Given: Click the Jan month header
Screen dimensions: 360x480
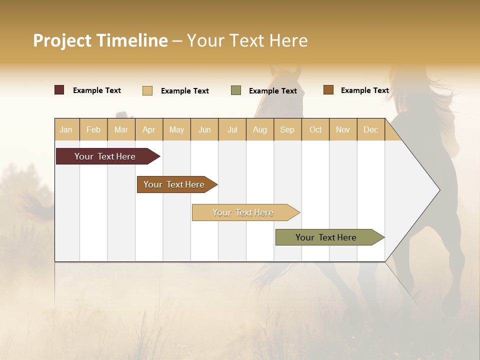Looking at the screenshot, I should click(x=66, y=130).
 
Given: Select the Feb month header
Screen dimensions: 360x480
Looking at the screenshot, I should click(x=93, y=130).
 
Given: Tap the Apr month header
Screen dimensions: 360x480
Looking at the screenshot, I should click(x=148, y=130).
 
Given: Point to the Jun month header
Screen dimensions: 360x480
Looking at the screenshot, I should click(x=204, y=130).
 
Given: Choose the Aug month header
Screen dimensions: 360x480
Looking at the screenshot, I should click(x=259, y=130).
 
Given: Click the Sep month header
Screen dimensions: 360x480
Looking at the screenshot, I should click(x=287, y=130).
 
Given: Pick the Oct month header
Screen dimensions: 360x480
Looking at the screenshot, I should click(x=315, y=130).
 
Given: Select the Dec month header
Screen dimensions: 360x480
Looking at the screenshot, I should click(x=370, y=130).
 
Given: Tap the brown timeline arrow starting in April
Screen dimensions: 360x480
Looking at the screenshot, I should click(x=175, y=184).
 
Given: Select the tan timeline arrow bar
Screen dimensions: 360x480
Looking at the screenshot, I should click(x=244, y=212).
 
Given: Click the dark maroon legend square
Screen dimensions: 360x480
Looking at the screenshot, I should click(x=59, y=90).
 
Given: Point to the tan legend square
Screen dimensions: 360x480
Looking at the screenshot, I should click(x=147, y=90).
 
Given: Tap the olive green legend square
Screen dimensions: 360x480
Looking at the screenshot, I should click(x=236, y=90).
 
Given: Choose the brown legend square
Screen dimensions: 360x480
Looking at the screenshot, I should click(x=328, y=90).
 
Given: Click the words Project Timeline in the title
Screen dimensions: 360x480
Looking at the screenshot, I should click(x=100, y=40).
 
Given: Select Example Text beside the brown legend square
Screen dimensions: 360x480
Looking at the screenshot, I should click(x=364, y=90).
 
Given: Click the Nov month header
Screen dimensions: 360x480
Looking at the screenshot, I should click(x=342, y=130).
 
